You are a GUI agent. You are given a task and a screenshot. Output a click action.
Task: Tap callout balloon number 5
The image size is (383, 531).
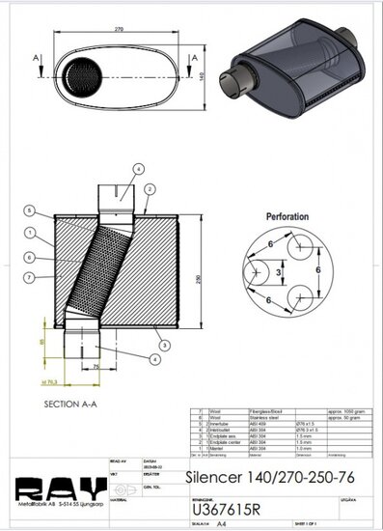coord(31,210)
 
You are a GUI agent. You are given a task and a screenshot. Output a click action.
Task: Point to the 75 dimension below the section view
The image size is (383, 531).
coord(96,367)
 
